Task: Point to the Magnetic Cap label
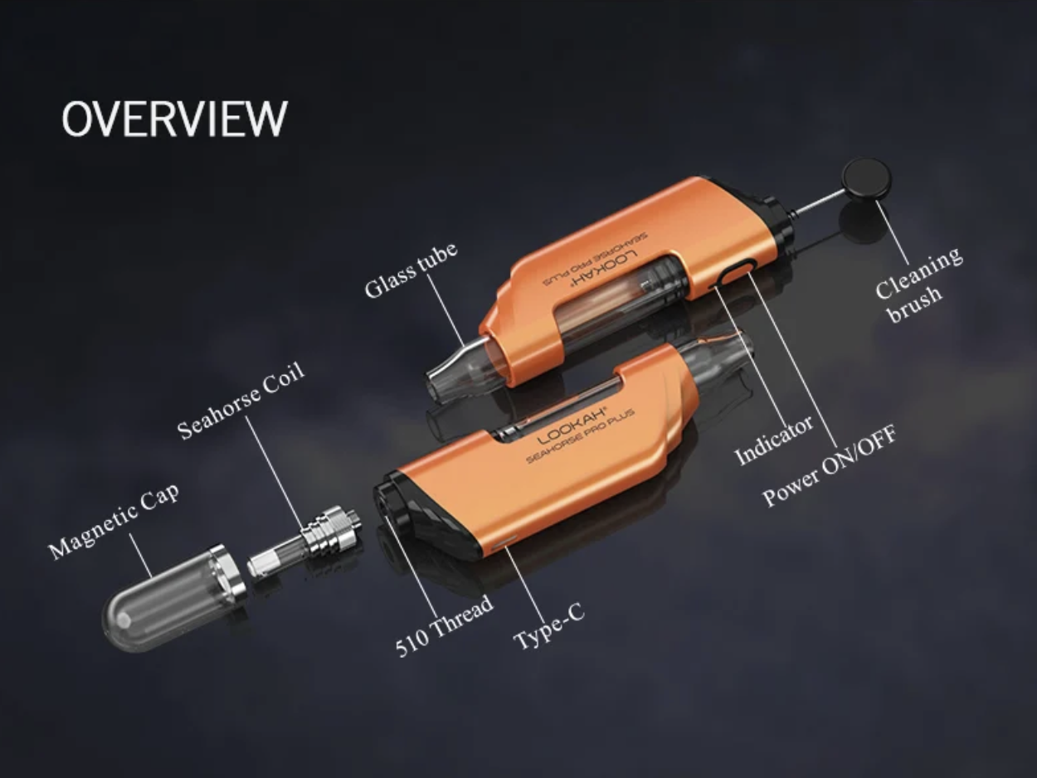click(114, 521)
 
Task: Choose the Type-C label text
click(549, 626)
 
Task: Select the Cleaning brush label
click(918, 285)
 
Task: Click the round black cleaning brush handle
click(866, 178)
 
